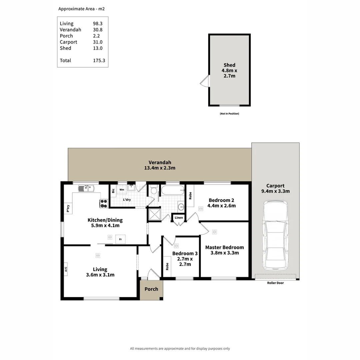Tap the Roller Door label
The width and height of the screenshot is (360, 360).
point(275,283)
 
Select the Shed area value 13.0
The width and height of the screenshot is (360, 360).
point(98,48)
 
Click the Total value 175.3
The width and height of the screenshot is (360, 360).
point(99,60)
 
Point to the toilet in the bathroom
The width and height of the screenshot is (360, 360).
point(154,190)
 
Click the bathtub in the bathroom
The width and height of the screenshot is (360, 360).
point(172,190)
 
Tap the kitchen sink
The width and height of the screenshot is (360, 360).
point(86,189)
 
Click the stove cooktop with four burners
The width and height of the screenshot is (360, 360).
point(104,203)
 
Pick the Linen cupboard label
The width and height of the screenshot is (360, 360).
point(179,218)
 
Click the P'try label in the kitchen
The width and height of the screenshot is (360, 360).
point(68,208)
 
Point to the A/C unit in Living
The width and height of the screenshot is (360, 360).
point(66,269)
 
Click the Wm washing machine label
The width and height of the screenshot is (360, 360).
point(122,190)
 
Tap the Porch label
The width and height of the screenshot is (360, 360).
point(151,289)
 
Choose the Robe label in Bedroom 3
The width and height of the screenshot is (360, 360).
point(167,266)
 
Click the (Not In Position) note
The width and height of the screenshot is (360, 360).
point(229,114)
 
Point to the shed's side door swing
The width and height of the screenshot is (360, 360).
point(204,81)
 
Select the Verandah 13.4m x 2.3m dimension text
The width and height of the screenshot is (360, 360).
point(160,168)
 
